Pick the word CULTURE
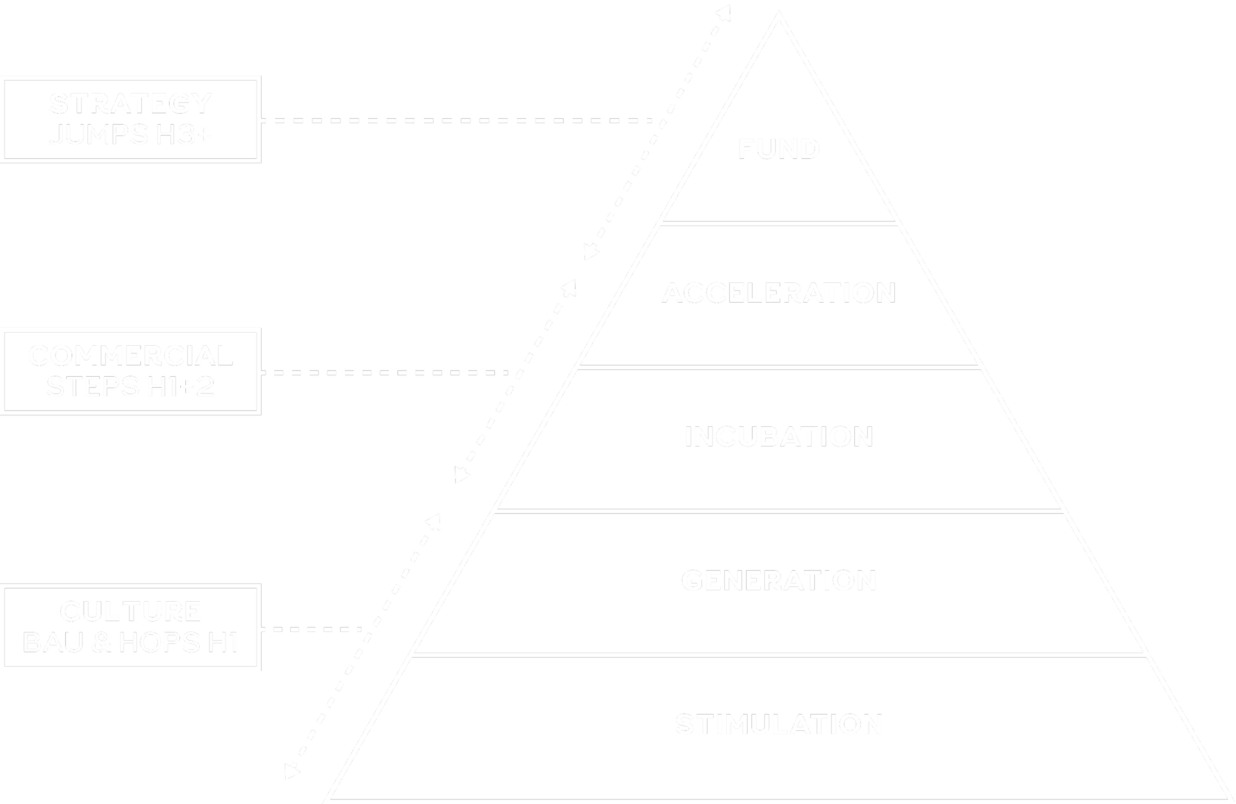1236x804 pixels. (x=131, y=611)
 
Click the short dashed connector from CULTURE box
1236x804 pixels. (x=311, y=629)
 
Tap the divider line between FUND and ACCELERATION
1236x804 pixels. (x=779, y=224)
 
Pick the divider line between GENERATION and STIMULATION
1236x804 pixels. (x=779, y=656)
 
